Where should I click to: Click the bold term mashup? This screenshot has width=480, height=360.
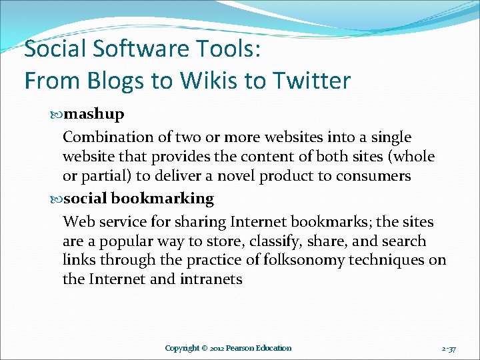pos(94,114)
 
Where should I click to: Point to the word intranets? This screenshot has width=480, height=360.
pos(211,279)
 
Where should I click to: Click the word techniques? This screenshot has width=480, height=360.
pos(384,260)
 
